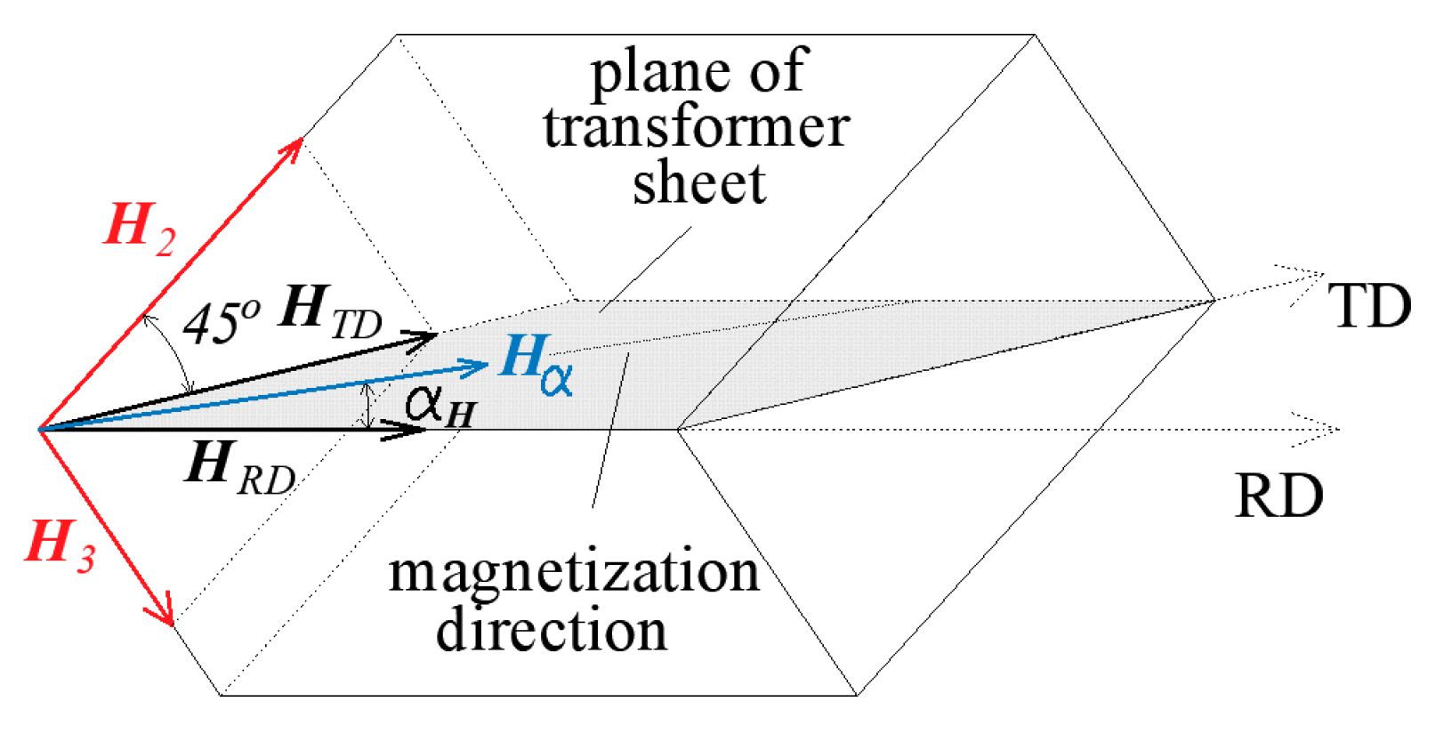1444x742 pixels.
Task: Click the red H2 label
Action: (x=140, y=229)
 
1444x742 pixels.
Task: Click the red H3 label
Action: (x=60, y=544)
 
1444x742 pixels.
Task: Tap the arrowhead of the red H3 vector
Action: (x=165, y=615)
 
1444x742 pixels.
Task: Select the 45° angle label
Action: (x=222, y=322)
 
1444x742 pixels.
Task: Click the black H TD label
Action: (x=329, y=313)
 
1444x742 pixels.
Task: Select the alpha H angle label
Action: (x=440, y=406)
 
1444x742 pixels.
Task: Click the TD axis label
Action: (x=1369, y=307)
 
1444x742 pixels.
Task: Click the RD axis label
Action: (x=1279, y=496)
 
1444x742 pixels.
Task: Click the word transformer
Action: (x=697, y=127)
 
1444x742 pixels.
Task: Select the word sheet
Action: (x=699, y=183)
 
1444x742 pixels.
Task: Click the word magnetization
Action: (x=574, y=572)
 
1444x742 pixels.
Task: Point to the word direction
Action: (x=552, y=630)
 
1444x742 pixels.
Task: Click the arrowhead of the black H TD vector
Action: (x=425, y=336)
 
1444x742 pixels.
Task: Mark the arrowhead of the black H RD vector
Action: (x=415, y=430)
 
